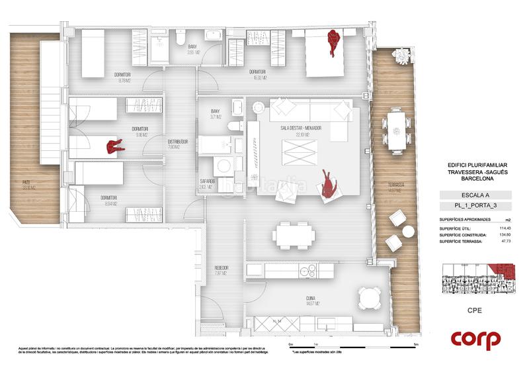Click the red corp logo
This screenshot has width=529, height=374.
tap(475, 340)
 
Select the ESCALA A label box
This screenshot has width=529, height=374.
tap(475, 195)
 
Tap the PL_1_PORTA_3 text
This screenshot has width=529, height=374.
tap(475, 208)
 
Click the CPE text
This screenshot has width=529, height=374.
tap(475, 309)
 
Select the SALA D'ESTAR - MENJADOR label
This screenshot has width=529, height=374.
tap(300, 128)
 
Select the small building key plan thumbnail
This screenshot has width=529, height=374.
tap(475, 278)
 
